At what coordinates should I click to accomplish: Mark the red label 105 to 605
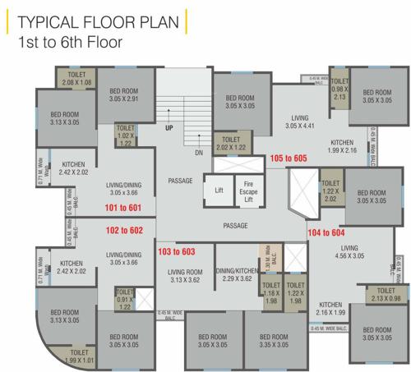[x=288, y=158]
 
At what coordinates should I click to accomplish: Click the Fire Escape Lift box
[x=249, y=190]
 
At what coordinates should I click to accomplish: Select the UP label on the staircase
[x=169, y=129]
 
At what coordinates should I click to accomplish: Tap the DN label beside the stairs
[x=198, y=153]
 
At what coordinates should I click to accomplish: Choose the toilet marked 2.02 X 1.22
[x=229, y=145]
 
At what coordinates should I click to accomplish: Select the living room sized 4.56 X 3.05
[x=350, y=252]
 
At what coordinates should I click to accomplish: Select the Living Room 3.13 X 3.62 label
[x=185, y=277]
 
